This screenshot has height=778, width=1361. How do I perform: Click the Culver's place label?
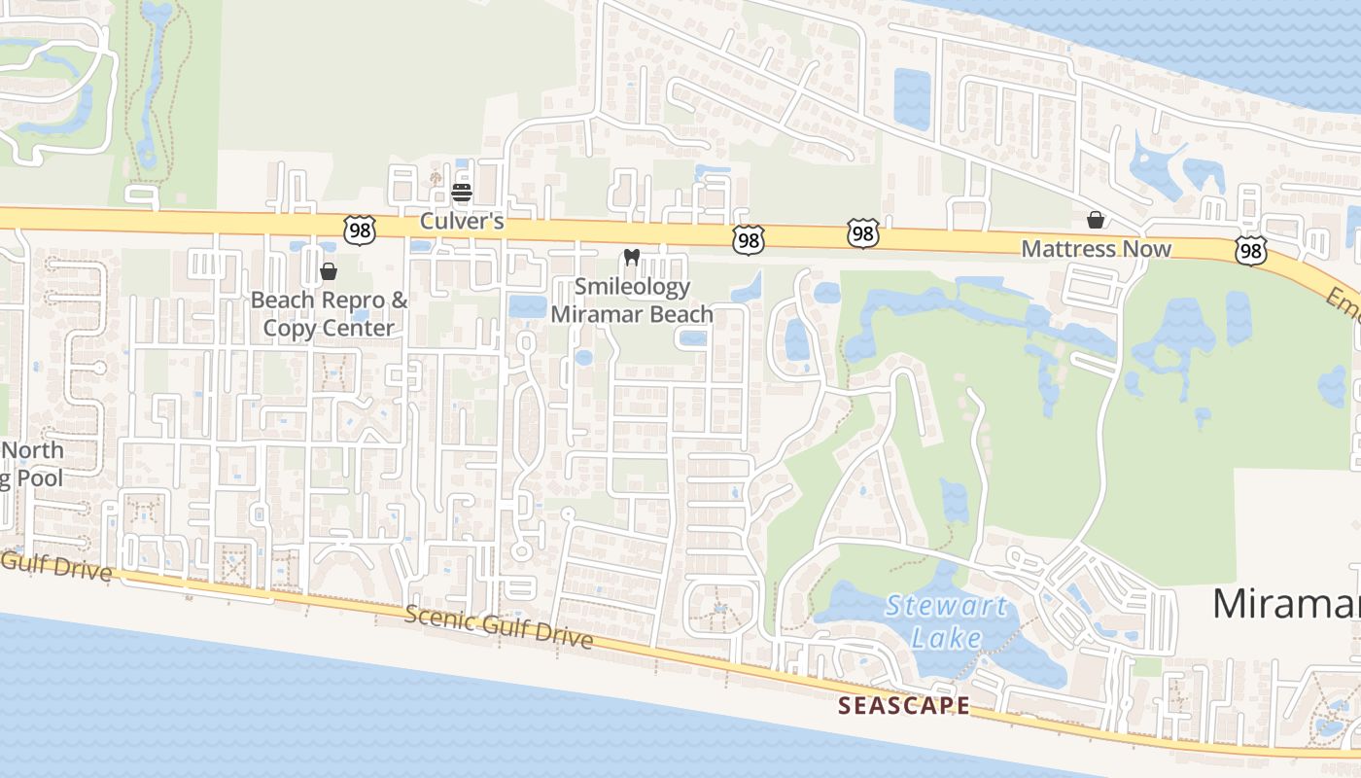point(462,222)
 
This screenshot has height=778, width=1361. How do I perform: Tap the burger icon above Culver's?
point(462,192)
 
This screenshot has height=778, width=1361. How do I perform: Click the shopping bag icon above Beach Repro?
point(329,271)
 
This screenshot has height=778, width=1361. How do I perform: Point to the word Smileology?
point(632,287)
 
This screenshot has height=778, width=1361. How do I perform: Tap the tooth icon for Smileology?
point(631,258)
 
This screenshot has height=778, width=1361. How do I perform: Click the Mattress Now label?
point(1096,249)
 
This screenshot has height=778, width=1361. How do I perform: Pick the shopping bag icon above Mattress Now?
point(1096,220)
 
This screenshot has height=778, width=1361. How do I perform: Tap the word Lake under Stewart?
point(946,637)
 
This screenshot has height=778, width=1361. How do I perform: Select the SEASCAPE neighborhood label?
point(904,706)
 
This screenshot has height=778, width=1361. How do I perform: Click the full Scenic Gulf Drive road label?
point(498,625)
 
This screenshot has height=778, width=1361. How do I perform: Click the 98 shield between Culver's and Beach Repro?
point(360,230)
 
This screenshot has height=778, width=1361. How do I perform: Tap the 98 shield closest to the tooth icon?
point(749,238)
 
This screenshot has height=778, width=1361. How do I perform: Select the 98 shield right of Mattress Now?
point(1251,250)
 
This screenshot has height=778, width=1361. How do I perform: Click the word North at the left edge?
point(35,450)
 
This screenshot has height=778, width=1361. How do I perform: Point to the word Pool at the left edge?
point(39,477)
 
